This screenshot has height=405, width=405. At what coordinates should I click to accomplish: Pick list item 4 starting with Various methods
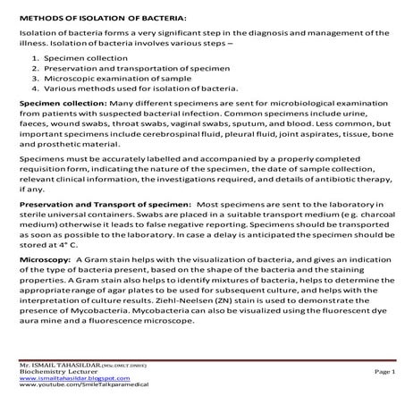click(135, 88)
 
